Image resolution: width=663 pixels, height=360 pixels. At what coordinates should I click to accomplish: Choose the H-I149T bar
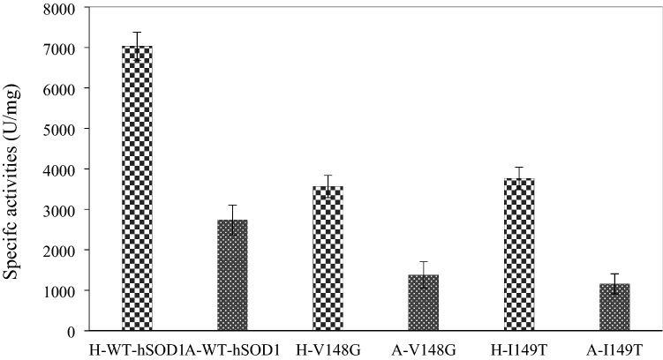(519, 255)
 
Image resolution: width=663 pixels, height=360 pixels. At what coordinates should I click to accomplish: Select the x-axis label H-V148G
(328, 349)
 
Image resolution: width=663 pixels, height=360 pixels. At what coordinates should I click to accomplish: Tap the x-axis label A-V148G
(423, 349)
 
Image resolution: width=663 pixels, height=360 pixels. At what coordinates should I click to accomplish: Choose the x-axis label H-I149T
(519, 349)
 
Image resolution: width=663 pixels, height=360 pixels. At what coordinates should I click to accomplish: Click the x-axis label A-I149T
(614, 349)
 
